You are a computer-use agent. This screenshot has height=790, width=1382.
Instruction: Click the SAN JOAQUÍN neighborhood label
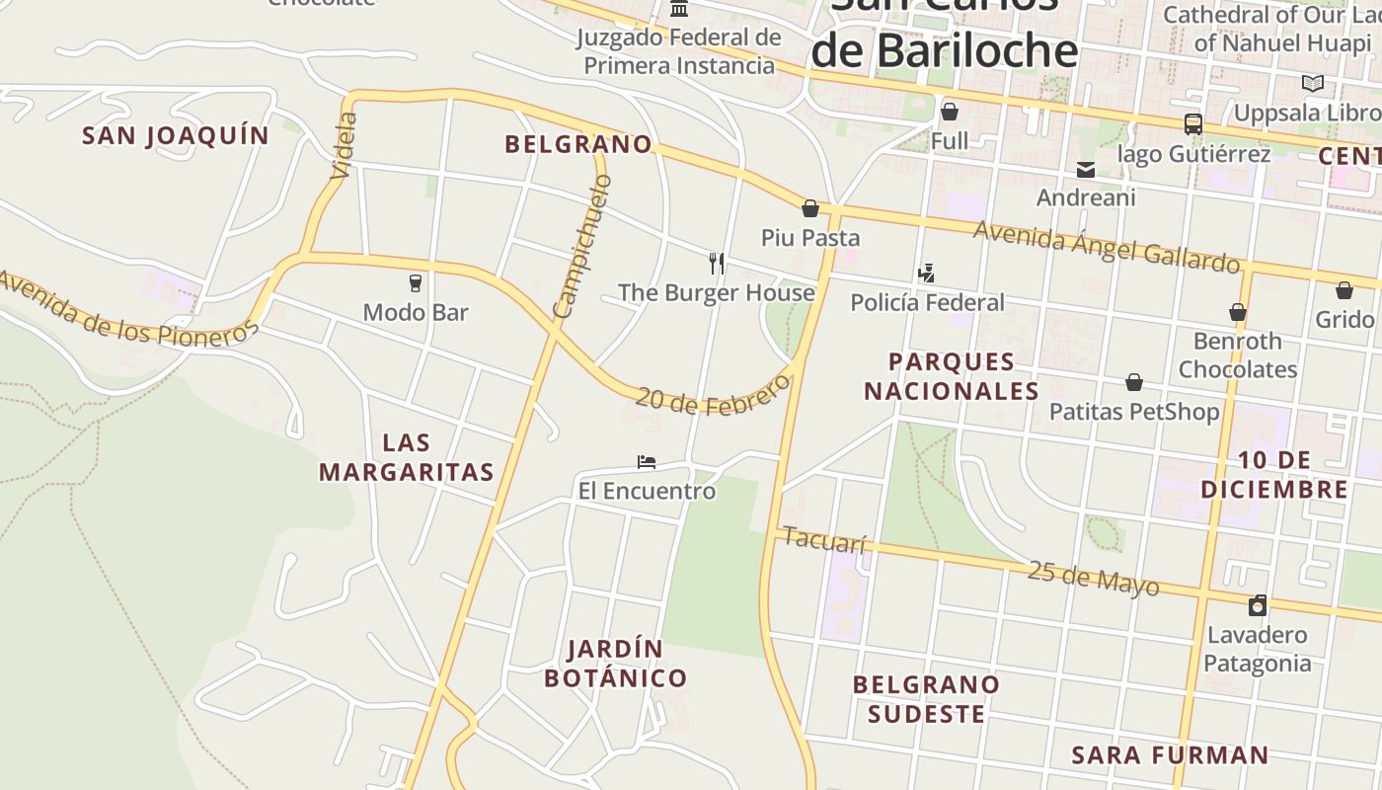click(175, 135)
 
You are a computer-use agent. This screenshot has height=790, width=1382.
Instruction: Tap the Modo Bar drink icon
click(416, 283)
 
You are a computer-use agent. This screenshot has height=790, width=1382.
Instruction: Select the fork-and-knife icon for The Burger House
click(717, 264)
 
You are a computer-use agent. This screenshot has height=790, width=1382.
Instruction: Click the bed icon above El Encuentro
click(647, 461)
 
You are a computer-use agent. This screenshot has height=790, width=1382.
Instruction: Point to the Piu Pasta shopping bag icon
click(810, 208)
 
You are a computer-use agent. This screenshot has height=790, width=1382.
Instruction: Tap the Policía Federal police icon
click(926, 274)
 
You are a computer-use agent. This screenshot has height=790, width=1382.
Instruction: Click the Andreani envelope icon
click(1086, 170)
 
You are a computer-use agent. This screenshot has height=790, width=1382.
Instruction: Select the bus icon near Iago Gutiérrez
click(1192, 124)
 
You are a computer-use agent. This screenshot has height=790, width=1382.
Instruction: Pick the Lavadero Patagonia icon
click(1258, 605)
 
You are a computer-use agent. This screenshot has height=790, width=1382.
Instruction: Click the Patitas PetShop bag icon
click(1134, 382)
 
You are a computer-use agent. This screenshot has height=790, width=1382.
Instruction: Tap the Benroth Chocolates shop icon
click(1237, 313)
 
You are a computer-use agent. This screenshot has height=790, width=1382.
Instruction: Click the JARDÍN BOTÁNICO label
click(615, 664)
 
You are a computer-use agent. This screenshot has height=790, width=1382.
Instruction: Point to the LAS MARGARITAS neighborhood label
click(406, 457)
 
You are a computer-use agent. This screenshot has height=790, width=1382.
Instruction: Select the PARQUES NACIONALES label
click(952, 376)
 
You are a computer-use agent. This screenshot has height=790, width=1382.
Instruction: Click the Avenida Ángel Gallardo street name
click(1106, 246)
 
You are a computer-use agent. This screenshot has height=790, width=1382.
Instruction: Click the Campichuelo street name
click(583, 247)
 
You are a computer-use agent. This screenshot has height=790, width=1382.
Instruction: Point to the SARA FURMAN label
click(1170, 755)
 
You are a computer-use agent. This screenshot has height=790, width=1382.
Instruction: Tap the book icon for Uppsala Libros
click(1312, 84)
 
